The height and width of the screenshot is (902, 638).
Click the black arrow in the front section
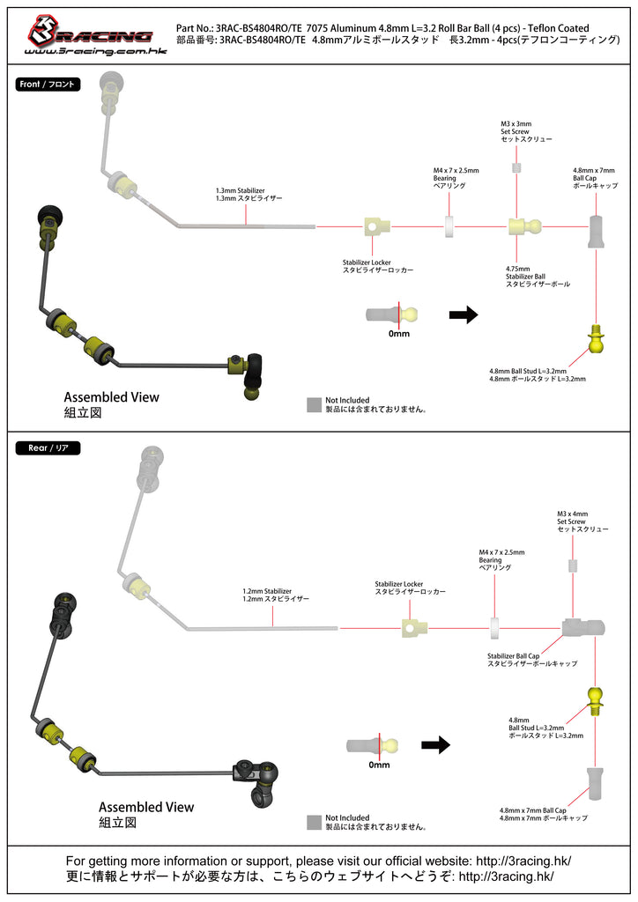coord(463,314)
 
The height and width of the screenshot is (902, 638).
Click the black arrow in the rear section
coord(435,745)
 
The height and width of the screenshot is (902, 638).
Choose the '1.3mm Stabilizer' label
coord(238,195)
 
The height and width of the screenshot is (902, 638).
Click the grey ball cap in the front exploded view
coord(596,231)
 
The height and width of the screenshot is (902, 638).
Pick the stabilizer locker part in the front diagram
coord(376,227)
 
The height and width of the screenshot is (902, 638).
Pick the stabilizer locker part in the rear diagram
coord(413,626)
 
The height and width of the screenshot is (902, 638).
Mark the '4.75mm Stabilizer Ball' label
coord(538,277)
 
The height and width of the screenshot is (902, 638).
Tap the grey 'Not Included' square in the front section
coord(314,404)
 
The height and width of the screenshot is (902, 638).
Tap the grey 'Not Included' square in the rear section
coord(314,822)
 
